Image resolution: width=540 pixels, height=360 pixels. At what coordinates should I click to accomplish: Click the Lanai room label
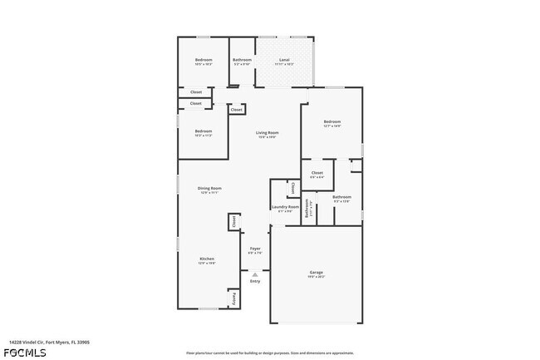(x=284, y=60)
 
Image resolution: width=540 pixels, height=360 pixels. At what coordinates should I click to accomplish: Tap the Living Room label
(x=267, y=133)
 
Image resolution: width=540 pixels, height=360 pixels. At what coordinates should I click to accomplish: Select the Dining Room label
(x=209, y=189)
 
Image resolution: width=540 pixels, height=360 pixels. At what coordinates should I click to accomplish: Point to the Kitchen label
(x=207, y=259)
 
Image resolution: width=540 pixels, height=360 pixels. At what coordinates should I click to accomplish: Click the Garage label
(x=317, y=273)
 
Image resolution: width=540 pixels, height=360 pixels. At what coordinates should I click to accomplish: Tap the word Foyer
(x=255, y=249)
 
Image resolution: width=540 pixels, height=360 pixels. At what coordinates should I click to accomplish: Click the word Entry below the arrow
(x=255, y=281)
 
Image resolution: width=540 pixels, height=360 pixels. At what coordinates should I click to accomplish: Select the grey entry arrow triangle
(x=255, y=274)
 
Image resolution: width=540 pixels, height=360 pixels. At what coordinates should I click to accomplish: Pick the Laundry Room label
(x=285, y=206)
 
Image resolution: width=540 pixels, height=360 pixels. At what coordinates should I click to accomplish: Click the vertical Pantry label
(x=234, y=297)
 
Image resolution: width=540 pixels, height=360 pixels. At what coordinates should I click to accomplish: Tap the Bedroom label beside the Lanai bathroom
(x=204, y=60)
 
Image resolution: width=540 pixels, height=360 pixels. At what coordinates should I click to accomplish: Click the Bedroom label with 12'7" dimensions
(x=332, y=122)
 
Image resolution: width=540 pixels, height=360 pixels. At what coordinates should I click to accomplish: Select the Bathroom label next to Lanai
(x=242, y=60)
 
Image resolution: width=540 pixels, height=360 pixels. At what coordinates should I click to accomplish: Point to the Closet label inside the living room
(x=236, y=110)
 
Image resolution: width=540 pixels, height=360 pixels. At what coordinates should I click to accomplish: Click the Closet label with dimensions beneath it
(x=317, y=172)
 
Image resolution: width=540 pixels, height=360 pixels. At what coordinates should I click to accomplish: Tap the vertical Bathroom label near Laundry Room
(x=307, y=210)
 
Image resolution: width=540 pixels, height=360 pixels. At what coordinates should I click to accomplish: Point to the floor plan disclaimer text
(x=270, y=353)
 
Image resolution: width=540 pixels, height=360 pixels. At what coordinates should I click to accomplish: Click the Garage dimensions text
(x=317, y=277)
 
